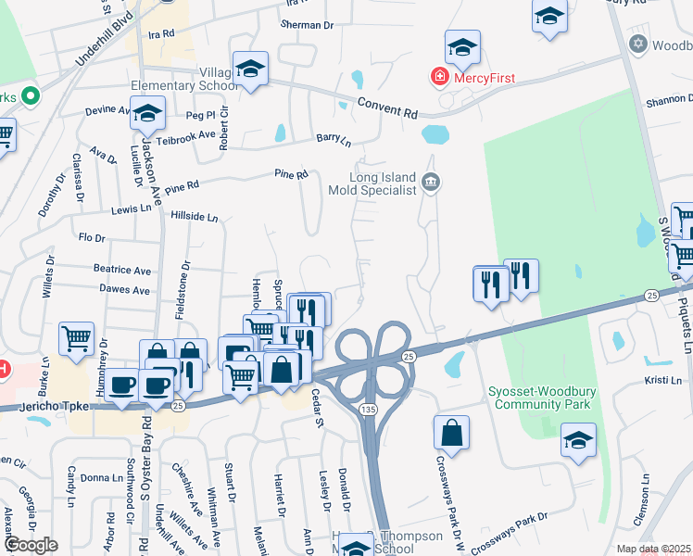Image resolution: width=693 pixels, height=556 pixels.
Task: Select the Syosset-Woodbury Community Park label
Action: tap(542, 398)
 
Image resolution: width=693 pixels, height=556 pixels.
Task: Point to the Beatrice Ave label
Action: tap(121, 270)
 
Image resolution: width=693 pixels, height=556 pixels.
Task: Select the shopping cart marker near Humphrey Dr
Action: tap(76, 338)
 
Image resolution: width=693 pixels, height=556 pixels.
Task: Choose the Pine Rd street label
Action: tap(290, 173)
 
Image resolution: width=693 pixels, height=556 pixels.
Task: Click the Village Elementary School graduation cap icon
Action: tap(250, 69)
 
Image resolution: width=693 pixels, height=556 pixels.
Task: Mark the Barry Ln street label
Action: tap(334, 139)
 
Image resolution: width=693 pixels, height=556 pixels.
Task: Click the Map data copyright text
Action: tap(653, 549)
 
